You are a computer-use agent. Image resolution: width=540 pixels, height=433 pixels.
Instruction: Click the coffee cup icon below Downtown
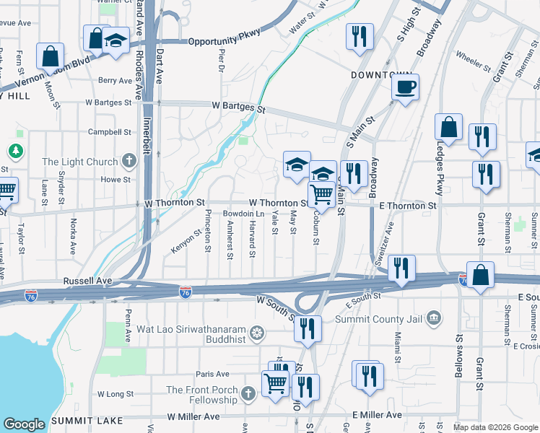point(405,87)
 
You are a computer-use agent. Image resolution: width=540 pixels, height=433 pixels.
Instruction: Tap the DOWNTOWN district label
point(381,75)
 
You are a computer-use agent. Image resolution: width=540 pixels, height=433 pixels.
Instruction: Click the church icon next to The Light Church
point(129,161)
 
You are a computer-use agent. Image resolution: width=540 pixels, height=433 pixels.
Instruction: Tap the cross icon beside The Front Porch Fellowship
point(248,393)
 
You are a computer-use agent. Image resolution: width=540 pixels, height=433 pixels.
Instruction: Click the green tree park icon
point(14,151)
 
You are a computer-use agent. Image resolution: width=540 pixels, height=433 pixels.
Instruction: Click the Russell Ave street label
point(87,280)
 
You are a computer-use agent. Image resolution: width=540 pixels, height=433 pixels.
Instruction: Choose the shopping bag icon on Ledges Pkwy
point(448,127)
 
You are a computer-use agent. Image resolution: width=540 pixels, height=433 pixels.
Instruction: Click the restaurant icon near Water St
point(359,37)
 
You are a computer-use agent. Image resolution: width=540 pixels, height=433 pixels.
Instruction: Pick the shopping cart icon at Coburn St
point(321,194)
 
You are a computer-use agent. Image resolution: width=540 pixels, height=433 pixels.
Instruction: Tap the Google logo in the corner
point(24,424)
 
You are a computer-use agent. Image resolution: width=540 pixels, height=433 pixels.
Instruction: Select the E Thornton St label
point(408,206)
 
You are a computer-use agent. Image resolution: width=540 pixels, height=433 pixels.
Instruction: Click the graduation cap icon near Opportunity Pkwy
point(115,40)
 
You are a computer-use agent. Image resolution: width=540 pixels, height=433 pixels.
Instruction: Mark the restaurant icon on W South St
point(308,328)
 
